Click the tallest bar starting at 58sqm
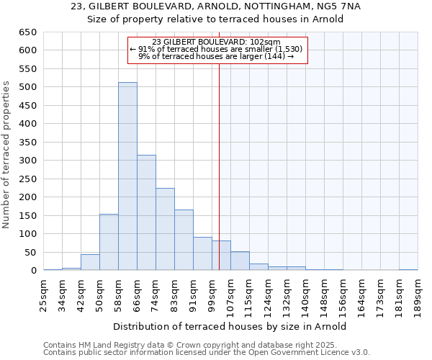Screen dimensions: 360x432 click(127, 176)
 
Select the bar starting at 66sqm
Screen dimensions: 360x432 click(146, 212)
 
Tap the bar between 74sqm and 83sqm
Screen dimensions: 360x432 click(165, 229)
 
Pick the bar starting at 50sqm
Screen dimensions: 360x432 click(109, 242)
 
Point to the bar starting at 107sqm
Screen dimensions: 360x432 click(240, 261)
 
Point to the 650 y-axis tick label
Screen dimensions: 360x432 click(27, 32)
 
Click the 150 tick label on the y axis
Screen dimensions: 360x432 click(27, 216)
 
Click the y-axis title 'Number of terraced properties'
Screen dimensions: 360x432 click(7, 155)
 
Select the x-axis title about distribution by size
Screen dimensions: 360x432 click(230, 326)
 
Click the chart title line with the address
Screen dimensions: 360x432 click(216, 6)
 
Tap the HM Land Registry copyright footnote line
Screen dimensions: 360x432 click(206, 345)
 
